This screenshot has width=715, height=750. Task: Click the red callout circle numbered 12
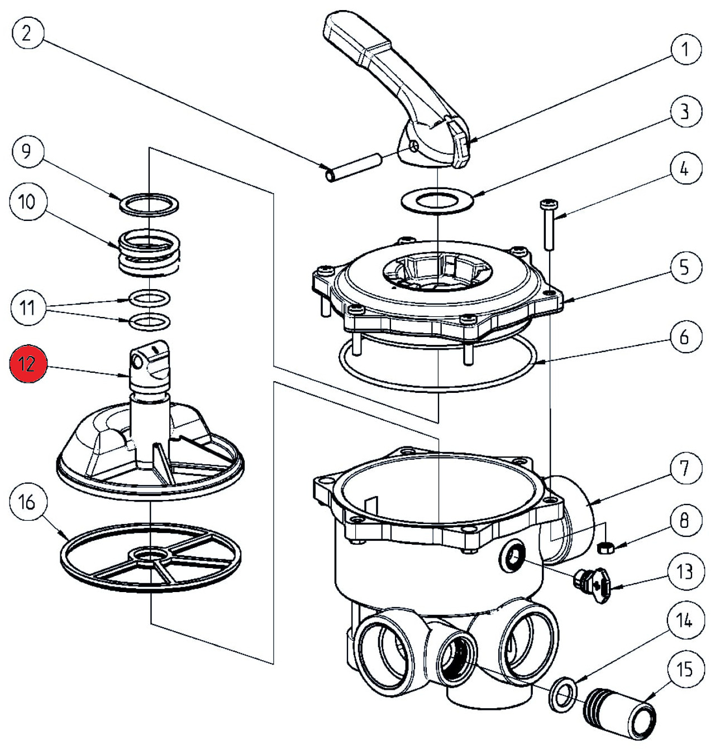click(26, 364)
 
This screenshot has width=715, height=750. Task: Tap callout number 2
click(26, 34)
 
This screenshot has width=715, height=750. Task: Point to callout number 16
click(26, 503)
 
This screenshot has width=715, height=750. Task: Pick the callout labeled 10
click(26, 202)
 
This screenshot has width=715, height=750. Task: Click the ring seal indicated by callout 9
click(149, 204)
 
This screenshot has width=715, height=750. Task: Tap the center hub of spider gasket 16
click(150, 555)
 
